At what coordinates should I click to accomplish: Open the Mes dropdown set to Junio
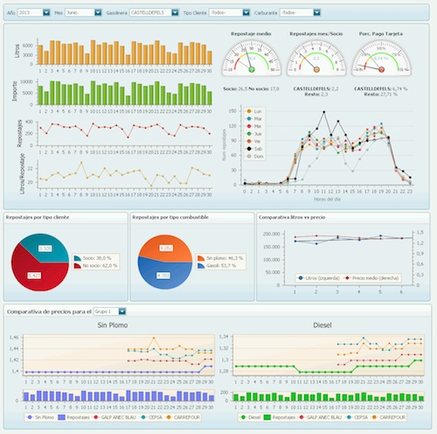point(84,13)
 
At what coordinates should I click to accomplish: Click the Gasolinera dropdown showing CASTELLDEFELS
point(153,13)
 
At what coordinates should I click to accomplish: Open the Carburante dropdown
point(305,13)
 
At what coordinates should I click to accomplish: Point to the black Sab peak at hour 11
point(324,113)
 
